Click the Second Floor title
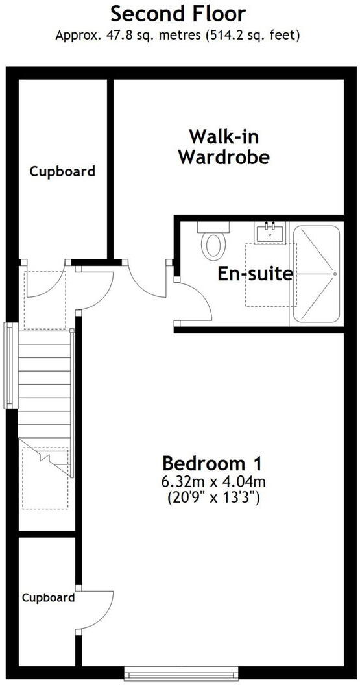pyautogui.click(x=178, y=13)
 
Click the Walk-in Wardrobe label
pyautogui.click(x=224, y=147)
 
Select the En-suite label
pyautogui.click(x=254, y=273)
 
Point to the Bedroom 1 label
pyautogui.click(x=213, y=464)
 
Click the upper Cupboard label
pyautogui.click(x=62, y=171)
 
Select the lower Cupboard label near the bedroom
pyautogui.click(x=48, y=597)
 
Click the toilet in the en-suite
pyautogui.click(x=213, y=241)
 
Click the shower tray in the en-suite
pyautogui.click(x=316, y=274)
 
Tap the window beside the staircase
pyautogui.click(x=9, y=366)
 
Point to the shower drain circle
pyautogui.click(x=334, y=274)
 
